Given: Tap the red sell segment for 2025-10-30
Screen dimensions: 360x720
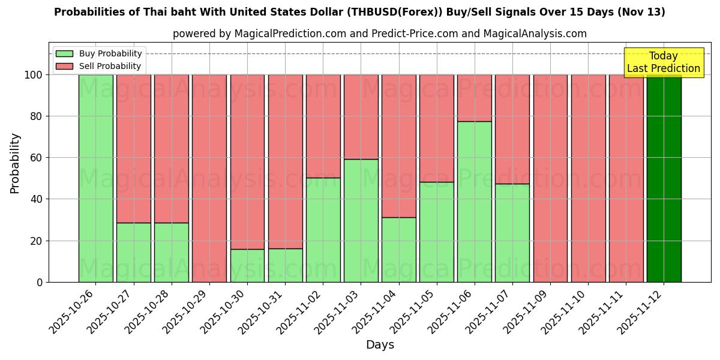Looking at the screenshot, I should [x=247, y=162].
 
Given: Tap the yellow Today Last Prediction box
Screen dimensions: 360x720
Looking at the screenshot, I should [x=663, y=62].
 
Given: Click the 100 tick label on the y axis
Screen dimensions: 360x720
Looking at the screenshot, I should [x=32, y=75].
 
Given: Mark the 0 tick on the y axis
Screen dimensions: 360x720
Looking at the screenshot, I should [x=40, y=282].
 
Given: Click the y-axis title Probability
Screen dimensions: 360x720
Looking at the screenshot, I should [x=15, y=163].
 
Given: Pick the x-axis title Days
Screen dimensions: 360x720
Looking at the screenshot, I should [x=380, y=345].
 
